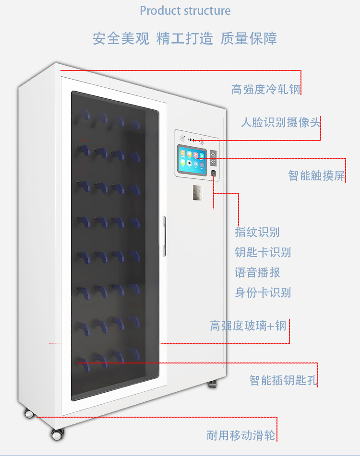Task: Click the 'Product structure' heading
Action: [x=185, y=11]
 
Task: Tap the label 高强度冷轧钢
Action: [x=266, y=89]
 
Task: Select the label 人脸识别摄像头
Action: [x=280, y=122]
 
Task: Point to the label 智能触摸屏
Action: [x=317, y=175]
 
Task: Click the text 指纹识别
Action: [x=257, y=232]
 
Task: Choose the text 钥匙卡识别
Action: [x=263, y=252]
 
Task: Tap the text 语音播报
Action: [x=257, y=272]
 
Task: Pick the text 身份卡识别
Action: [x=263, y=292]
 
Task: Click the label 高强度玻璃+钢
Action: [x=248, y=326]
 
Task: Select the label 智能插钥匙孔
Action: [x=283, y=380]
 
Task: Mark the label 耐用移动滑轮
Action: [x=241, y=435]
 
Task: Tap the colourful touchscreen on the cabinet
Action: [x=192, y=160]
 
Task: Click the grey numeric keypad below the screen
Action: [x=198, y=193]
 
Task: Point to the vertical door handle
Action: [x=165, y=236]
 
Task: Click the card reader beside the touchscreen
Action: [x=214, y=158]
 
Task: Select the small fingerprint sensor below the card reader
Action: [x=213, y=173]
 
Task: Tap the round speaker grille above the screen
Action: [x=183, y=138]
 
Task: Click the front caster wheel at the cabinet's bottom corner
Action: [x=57, y=434]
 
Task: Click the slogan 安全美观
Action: [x=121, y=38]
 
